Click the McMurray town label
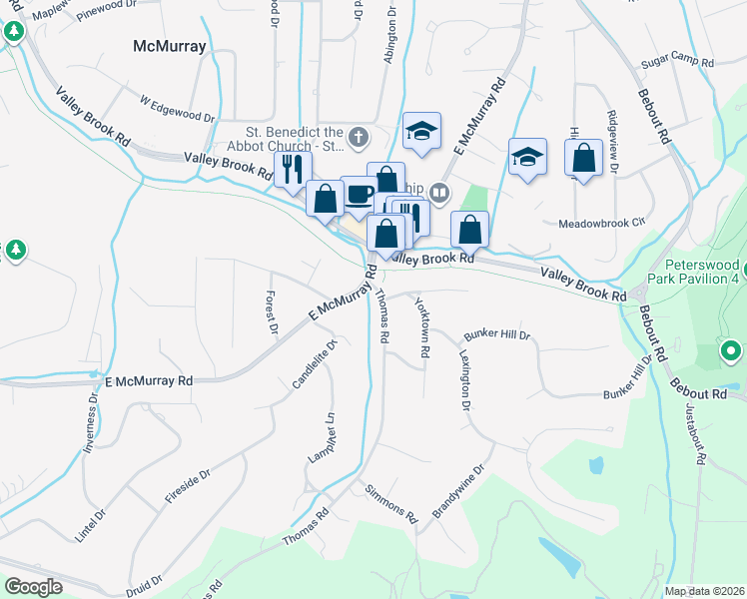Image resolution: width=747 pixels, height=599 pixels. pos(170,46)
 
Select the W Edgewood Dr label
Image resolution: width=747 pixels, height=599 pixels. pos(178,109)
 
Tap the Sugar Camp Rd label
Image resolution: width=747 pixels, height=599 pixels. pos(678,62)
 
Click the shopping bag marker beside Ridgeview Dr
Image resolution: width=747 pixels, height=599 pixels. pos(583,159)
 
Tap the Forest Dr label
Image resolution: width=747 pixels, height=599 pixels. pos(269,311)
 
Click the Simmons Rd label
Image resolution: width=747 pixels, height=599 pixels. pos(389,503)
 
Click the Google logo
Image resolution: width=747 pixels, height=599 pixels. pos(34,587)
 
